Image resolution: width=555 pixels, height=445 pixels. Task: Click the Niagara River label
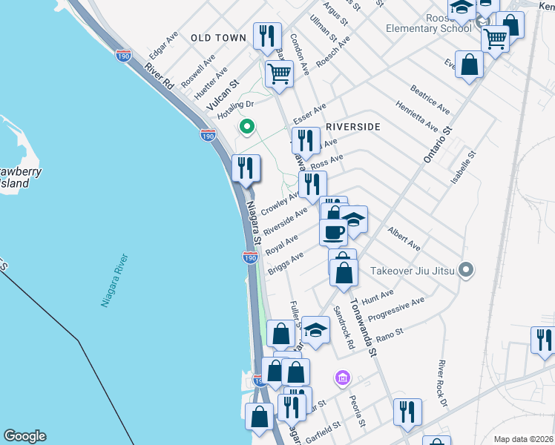pos(114,281)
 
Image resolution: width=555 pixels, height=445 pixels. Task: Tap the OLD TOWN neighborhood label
pos(218,37)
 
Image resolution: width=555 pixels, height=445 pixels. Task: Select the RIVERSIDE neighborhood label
pos(352,127)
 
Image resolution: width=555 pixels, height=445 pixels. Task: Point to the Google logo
pos(24,436)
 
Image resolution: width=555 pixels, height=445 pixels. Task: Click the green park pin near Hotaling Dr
pos(247,128)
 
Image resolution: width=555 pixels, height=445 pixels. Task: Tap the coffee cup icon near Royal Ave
pos(333,231)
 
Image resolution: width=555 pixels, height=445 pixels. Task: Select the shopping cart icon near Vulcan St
pos(278,73)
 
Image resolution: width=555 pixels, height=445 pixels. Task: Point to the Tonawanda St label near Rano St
pos(364,327)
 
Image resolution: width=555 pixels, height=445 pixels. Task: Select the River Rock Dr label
pos(442,383)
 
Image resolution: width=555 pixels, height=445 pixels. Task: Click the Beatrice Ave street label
pos(430,99)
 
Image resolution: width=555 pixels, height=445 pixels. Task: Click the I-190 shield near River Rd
pos(124,56)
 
